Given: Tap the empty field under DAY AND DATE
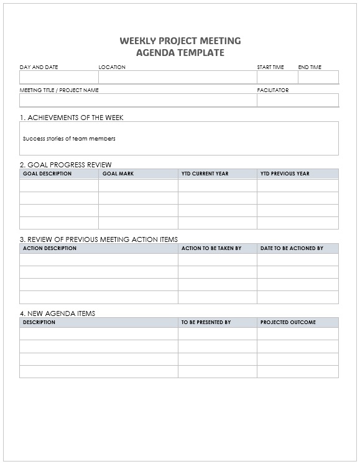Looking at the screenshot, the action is (58, 77).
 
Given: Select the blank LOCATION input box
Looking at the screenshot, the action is (177, 77).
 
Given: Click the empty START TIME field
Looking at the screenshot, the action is (277, 77).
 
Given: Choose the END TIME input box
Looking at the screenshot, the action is (318, 77).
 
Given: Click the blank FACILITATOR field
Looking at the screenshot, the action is (298, 100).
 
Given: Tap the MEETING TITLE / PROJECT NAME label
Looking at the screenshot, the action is (59, 90).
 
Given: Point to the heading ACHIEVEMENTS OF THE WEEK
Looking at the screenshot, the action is (76, 118).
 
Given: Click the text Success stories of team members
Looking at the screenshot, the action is (69, 139).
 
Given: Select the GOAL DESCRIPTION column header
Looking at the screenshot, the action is (47, 174).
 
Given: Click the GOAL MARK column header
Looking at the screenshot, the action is (118, 174).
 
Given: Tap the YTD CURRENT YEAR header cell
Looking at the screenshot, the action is (205, 174).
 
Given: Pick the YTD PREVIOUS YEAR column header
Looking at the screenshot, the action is (285, 174).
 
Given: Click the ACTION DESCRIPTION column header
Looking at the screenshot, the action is (50, 248).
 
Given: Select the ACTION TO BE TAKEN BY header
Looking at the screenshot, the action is (211, 248).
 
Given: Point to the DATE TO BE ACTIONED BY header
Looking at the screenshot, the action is (292, 248).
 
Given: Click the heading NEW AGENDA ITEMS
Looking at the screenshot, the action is (58, 313).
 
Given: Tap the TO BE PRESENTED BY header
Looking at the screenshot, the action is (206, 322).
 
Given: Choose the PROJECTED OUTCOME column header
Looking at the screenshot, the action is (288, 322).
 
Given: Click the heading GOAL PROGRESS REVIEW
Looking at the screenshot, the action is (66, 165).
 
